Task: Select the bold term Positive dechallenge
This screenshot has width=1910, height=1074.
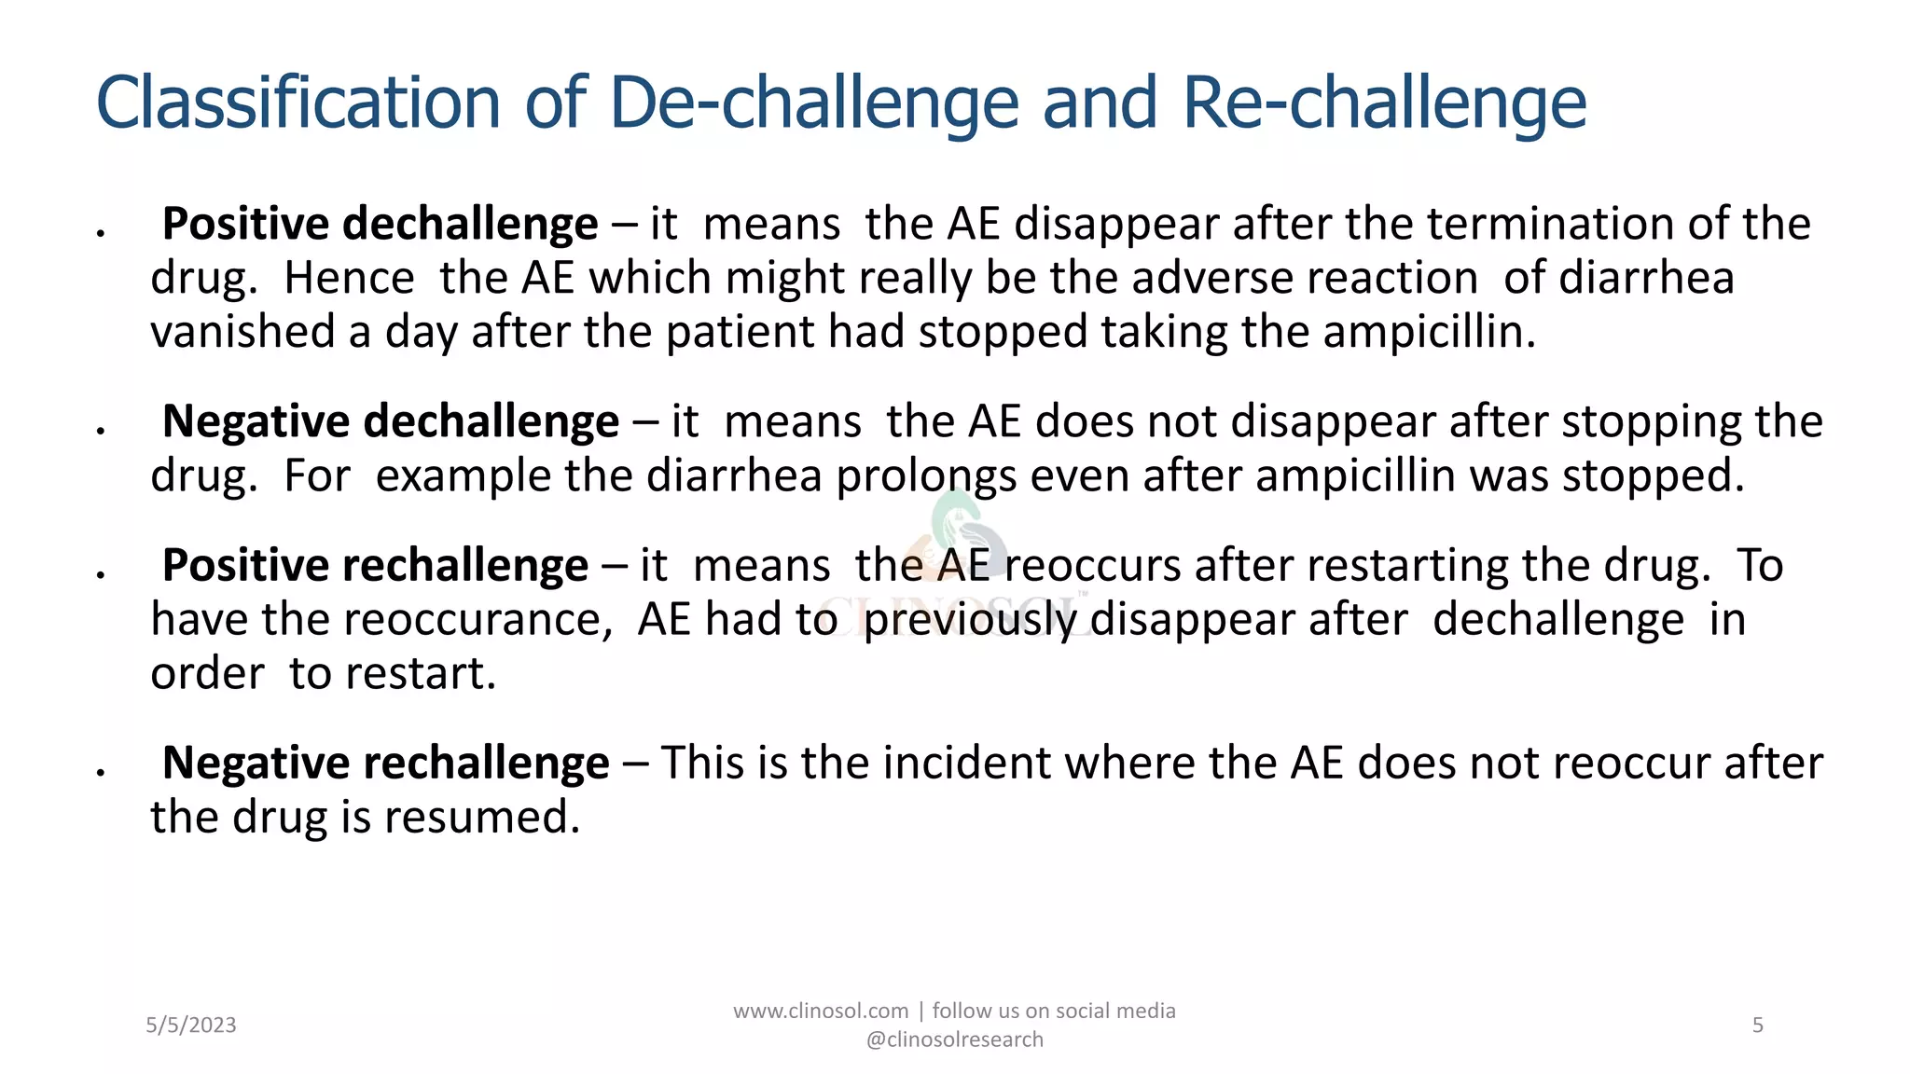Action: click(x=380, y=225)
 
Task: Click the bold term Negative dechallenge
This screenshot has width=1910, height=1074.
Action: click(x=390, y=421)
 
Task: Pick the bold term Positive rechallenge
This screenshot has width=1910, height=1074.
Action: click(x=375, y=566)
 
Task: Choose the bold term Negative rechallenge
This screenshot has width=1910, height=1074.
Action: click(x=385, y=764)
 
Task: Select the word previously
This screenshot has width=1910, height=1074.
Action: click(x=970, y=620)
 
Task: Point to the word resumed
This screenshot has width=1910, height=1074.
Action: click(x=482, y=818)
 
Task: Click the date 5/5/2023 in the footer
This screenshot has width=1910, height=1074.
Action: click(x=191, y=1026)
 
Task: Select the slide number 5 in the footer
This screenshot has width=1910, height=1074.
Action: click(x=1758, y=1026)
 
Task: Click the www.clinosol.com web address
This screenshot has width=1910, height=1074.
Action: click(x=821, y=1012)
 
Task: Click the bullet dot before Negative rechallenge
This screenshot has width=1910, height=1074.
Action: click(x=99, y=771)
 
